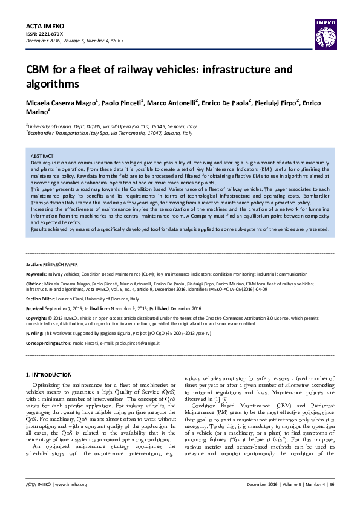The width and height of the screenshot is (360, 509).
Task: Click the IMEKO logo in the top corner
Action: [325, 27]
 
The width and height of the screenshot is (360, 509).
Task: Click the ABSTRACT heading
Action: [42, 157]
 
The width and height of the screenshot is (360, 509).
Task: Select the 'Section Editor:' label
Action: [43, 299]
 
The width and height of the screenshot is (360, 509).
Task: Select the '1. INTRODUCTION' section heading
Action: [52, 376]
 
